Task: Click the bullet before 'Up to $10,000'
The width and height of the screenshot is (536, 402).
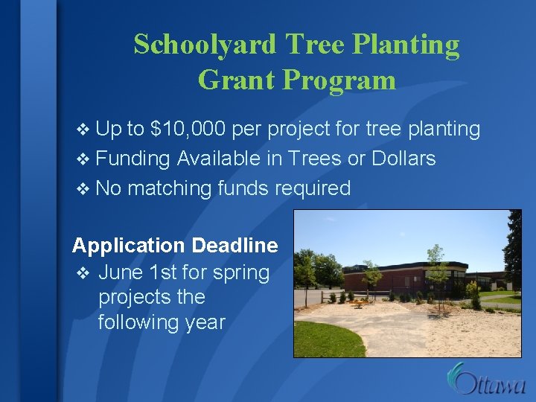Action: click(82, 130)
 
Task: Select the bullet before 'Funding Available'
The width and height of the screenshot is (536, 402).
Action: click(82, 159)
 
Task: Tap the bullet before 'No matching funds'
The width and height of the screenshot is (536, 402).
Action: click(82, 189)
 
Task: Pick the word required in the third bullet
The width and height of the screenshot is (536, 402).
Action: click(313, 188)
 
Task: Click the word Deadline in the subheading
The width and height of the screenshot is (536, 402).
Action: click(234, 246)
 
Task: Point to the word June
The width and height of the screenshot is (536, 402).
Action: click(121, 272)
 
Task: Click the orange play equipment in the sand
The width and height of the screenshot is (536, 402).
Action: click(360, 301)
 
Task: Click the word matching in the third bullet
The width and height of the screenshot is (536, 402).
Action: click(170, 189)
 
